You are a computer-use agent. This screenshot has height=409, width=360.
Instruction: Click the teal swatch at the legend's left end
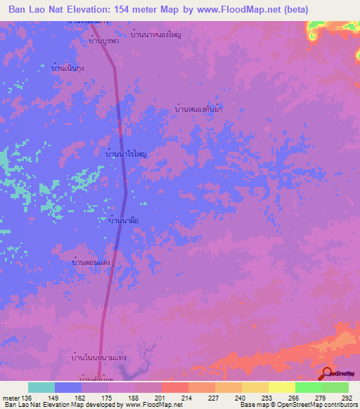(x=41, y=387)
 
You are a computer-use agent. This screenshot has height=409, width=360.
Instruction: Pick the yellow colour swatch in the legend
(x=281, y=387)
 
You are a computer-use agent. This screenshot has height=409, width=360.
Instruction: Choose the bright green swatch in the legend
(x=308, y=387)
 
